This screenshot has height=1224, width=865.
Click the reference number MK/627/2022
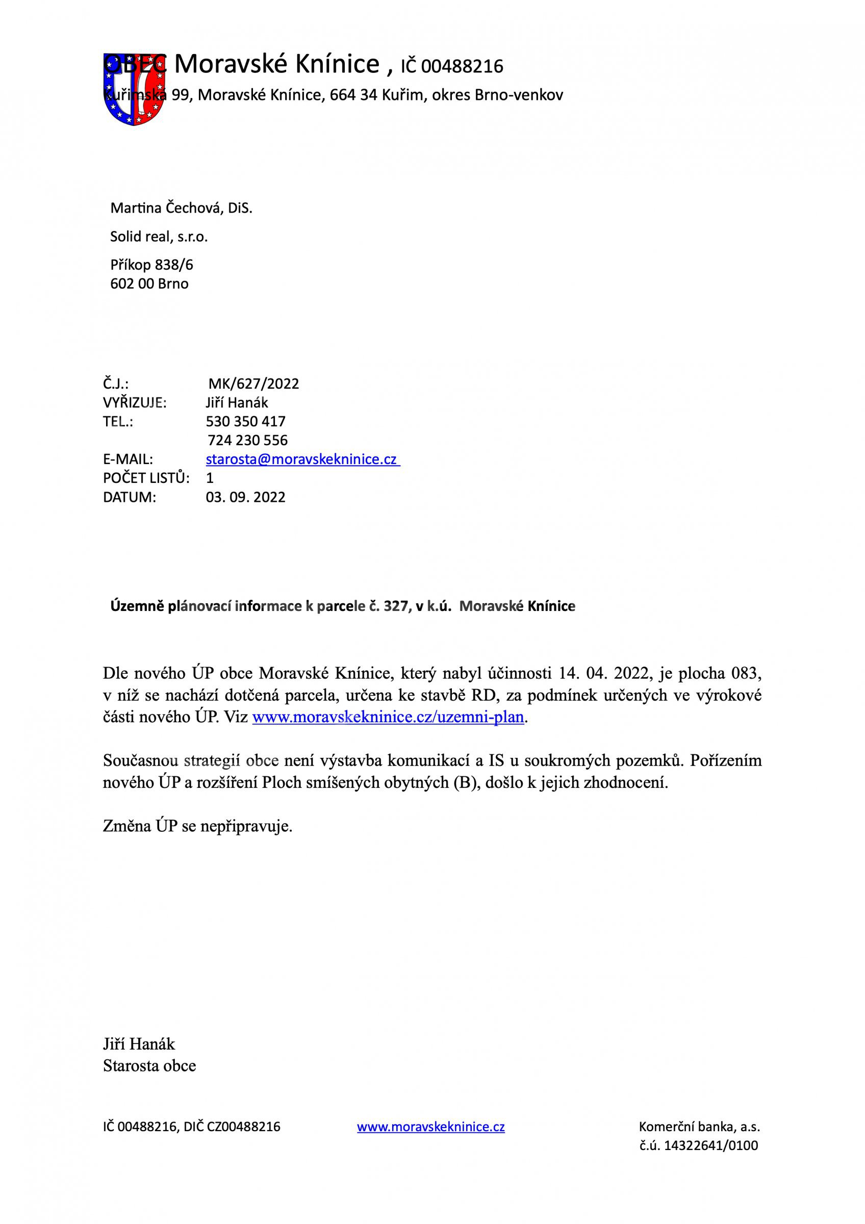(253, 384)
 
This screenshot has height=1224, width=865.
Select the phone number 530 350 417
(246, 421)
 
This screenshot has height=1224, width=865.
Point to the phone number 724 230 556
(247, 440)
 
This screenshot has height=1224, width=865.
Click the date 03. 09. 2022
(246, 497)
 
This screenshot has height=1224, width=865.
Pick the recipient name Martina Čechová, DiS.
(181, 208)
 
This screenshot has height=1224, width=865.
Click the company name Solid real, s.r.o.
(159, 237)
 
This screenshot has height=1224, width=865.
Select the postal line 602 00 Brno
(149, 284)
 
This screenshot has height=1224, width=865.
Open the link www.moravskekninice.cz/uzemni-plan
(388, 717)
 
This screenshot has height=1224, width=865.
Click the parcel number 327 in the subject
(395, 606)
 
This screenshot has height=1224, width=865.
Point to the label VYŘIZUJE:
(135, 402)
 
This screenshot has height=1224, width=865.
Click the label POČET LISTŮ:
(146, 478)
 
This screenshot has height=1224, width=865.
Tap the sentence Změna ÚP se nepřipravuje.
(198, 826)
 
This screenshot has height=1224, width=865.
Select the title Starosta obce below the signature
(149, 1066)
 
